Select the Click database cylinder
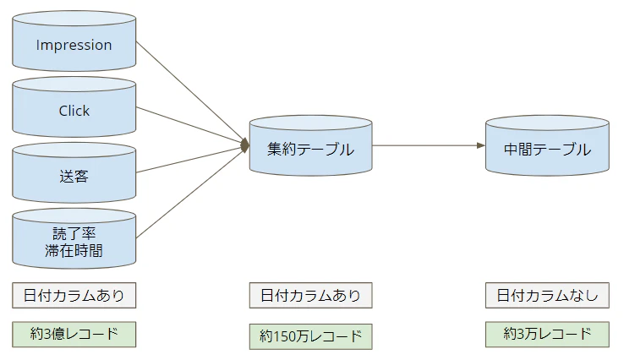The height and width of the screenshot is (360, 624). (74, 111)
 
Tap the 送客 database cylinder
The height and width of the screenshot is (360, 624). (74, 177)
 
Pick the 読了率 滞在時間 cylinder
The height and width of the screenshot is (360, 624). (74, 242)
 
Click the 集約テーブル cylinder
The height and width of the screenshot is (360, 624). (310, 149)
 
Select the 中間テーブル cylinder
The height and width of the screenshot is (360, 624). (547, 149)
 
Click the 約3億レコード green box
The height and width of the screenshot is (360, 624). (74, 334)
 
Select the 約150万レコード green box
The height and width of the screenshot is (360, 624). (310, 336)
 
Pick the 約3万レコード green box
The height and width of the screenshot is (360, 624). (547, 334)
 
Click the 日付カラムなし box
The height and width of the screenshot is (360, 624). (547, 296)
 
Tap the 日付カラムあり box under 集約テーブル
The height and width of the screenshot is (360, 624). (310, 296)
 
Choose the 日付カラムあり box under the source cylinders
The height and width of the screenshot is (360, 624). (74, 296)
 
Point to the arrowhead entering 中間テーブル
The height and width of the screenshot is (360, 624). (480, 145)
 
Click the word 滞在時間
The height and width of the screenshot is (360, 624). (74, 250)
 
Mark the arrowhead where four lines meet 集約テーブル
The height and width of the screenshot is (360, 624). (245, 145)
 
